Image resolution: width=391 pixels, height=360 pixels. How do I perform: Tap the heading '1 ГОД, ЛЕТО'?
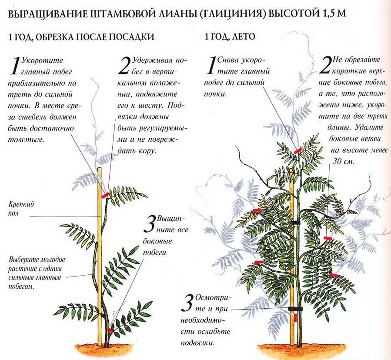[x=230, y=37]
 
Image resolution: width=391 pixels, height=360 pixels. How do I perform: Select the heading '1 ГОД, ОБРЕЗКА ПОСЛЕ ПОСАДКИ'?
[x=81, y=37]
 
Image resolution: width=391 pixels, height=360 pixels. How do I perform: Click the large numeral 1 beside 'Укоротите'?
[x=14, y=66]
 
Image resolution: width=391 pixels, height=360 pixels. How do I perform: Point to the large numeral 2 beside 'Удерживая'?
[x=124, y=66]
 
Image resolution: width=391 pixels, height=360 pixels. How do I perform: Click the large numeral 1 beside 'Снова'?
[x=211, y=65]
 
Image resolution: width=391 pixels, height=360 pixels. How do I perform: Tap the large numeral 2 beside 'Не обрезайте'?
[x=325, y=65]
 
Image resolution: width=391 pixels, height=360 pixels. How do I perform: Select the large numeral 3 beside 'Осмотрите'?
[x=187, y=303]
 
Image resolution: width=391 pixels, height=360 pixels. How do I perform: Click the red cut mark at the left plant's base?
[x=110, y=330]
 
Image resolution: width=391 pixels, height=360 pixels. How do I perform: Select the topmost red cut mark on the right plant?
[x=297, y=150]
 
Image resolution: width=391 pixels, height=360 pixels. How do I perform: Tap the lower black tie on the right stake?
[x=295, y=309]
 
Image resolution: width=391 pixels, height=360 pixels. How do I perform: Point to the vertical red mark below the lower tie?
[x=295, y=317]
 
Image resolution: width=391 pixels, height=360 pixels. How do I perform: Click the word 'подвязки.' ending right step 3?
[x=198, y=343]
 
